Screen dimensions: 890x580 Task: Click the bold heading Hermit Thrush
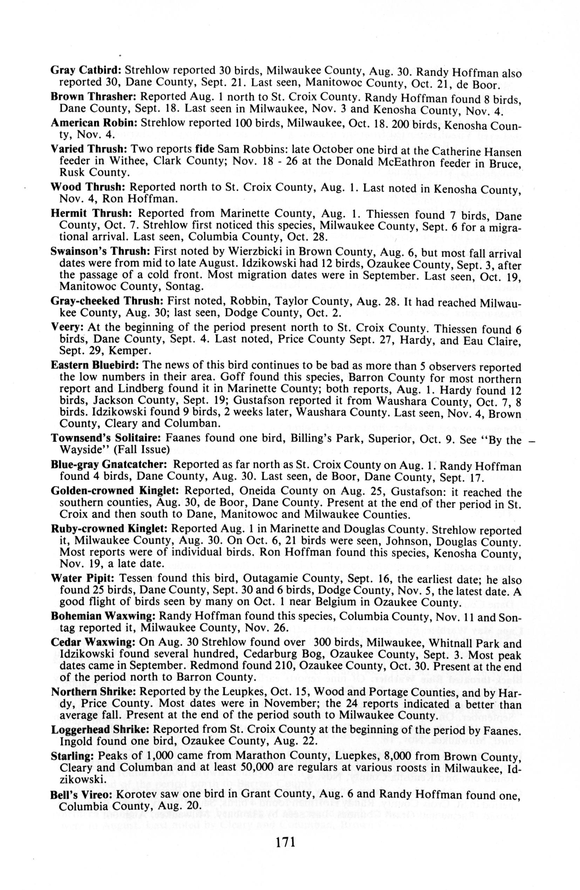(91, 213)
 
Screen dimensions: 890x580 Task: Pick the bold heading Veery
(67, 328)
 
